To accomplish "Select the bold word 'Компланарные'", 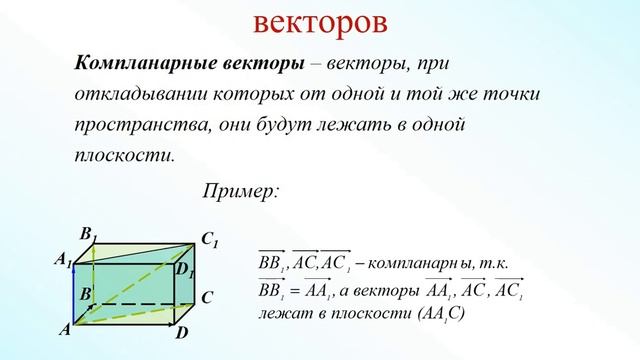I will tap(137, 63).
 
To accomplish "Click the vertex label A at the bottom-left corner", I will tap(64, 329).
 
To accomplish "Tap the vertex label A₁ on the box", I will tap(62, 260).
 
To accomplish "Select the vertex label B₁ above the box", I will tap(88, 235).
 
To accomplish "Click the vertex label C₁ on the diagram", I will tap(209, 240).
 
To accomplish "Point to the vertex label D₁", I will tap(184, 267).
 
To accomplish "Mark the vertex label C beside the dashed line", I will tap(205, 297).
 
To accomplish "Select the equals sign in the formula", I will tap(292, 292).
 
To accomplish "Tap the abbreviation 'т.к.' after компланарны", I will tap(492, 263).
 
